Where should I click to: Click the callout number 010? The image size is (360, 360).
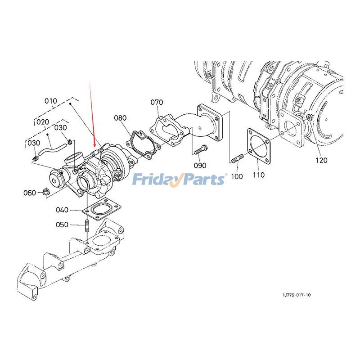coord(51,101)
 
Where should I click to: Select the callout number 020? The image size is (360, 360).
coord(42,121)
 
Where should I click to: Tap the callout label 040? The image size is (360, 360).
coord(63,210)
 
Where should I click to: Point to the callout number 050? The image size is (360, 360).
coord(62,225)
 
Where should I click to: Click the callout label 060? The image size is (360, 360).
coord(30,193)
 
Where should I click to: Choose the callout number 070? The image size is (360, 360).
coord(157,102)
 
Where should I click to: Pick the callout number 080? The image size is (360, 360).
coord(120,118)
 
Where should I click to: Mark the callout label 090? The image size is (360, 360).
coord(200,165)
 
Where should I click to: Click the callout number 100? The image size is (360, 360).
coord(237,176)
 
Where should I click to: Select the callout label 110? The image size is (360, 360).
coord(258,174)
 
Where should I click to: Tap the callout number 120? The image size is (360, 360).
coord(321,160)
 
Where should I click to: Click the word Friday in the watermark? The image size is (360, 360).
coord(156,180)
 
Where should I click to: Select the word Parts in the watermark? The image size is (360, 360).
coord(202,180)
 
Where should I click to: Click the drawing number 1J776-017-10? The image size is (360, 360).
coord(297,295)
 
